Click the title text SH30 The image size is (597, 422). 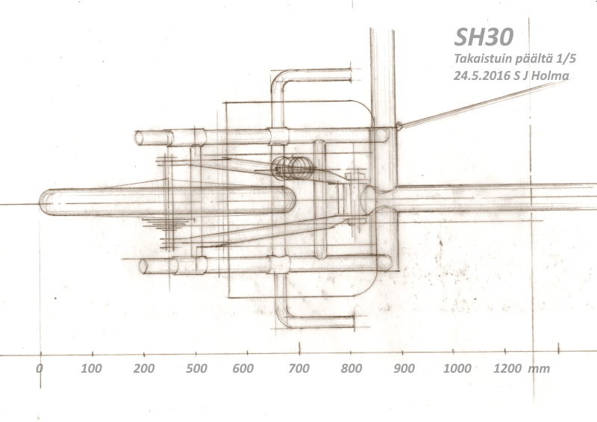point(484,37)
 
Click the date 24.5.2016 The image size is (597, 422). point(481,75)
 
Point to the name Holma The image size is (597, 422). point(550,75)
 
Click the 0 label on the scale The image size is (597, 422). point(40,368)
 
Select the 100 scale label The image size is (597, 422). point(91,368)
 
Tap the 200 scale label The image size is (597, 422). point(144,368)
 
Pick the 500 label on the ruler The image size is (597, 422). point(196,368)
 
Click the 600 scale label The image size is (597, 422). point(243,368)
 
